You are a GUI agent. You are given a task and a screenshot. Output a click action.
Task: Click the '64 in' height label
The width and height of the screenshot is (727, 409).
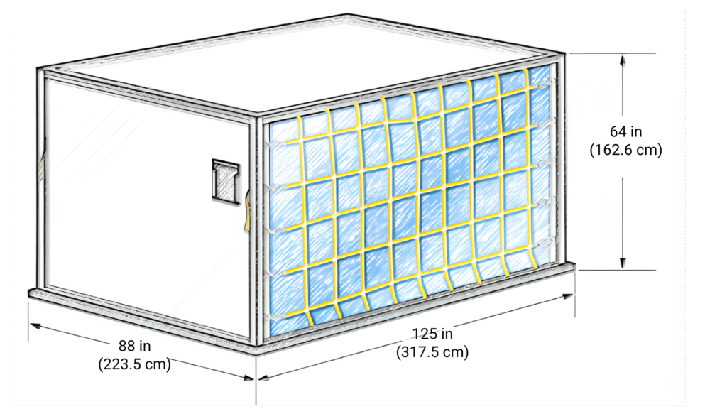625,131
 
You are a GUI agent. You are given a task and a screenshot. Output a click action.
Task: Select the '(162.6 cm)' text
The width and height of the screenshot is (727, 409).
625,150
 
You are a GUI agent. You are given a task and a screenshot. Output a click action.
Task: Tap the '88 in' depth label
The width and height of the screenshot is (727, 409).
134,346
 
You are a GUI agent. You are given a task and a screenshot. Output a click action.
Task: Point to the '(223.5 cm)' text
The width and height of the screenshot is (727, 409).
134,364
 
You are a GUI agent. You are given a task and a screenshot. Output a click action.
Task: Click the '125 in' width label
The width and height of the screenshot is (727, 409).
432,334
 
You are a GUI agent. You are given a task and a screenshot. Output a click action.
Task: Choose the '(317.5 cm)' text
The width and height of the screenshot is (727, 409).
432,352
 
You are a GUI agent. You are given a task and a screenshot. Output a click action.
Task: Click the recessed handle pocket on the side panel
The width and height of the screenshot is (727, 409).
226,181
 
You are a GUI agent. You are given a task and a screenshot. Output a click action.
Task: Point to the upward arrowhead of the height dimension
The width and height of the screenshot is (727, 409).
623,61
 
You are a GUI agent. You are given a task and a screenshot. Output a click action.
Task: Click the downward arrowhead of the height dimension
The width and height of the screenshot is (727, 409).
623,262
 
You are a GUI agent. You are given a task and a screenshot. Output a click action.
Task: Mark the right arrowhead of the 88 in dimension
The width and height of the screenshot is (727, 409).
248,378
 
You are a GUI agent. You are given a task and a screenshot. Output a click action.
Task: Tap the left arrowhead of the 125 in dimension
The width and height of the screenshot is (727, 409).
264,378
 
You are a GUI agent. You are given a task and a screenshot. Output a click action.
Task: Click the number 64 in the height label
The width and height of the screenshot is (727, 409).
618,131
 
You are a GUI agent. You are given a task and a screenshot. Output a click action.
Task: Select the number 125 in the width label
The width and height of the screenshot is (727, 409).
425,334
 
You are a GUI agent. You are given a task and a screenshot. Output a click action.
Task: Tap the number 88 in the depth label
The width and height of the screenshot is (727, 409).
126,346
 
